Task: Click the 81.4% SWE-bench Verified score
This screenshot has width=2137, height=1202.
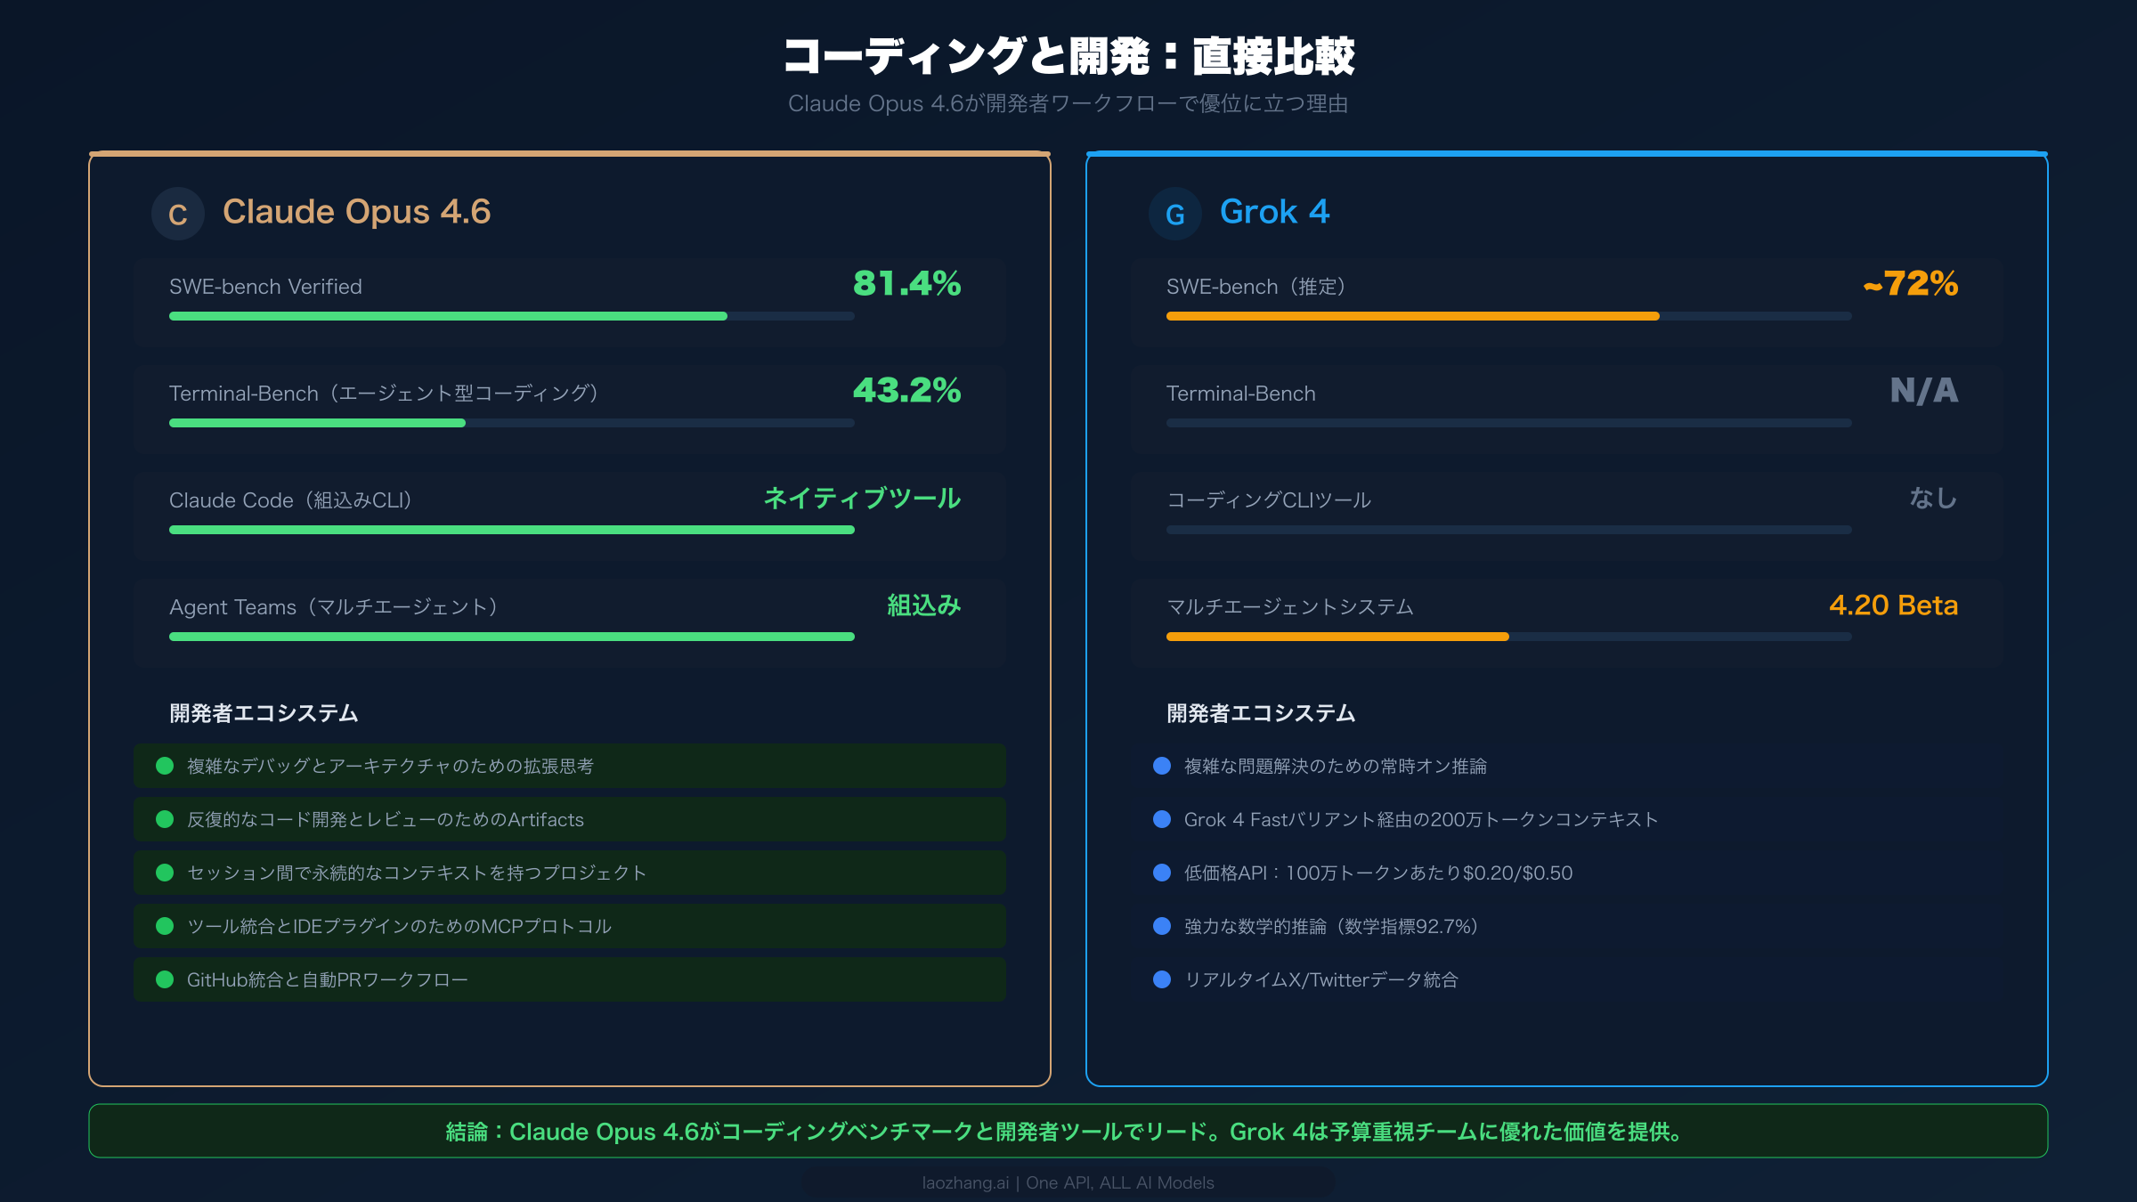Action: coord(906,284)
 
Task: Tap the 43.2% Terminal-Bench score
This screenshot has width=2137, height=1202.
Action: coord(906,391)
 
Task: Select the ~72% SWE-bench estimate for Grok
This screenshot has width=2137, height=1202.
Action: coord(1910,284)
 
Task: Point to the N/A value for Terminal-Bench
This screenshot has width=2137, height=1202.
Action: coord(1923,391)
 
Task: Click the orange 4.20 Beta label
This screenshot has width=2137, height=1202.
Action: coord(1893,605)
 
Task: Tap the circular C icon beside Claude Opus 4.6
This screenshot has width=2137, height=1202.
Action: coord(178,214)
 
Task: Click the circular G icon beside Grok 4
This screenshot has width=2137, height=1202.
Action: coord(1175,214)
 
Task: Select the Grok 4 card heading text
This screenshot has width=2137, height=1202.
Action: coord(1274,212)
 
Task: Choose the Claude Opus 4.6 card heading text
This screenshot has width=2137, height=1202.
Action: coord(356,212)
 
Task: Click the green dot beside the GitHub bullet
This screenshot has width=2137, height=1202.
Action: coord(165,979)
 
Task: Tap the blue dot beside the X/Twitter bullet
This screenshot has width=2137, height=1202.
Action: coord(1162,979)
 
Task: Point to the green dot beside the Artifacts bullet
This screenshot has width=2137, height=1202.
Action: coord(165,819)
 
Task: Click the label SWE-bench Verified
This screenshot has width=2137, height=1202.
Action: coord(265,287)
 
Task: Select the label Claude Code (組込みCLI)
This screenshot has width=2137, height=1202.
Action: coord(290,500)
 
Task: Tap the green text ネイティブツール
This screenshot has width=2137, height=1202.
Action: coord(862,499)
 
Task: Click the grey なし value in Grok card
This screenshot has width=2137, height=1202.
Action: coord(1933,499)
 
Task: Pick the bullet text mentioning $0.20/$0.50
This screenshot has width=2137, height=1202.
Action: coord(1377,873)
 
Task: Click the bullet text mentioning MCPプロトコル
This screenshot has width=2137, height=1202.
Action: coord(399,927)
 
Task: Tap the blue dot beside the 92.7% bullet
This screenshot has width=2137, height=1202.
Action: coord(1162,926)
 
